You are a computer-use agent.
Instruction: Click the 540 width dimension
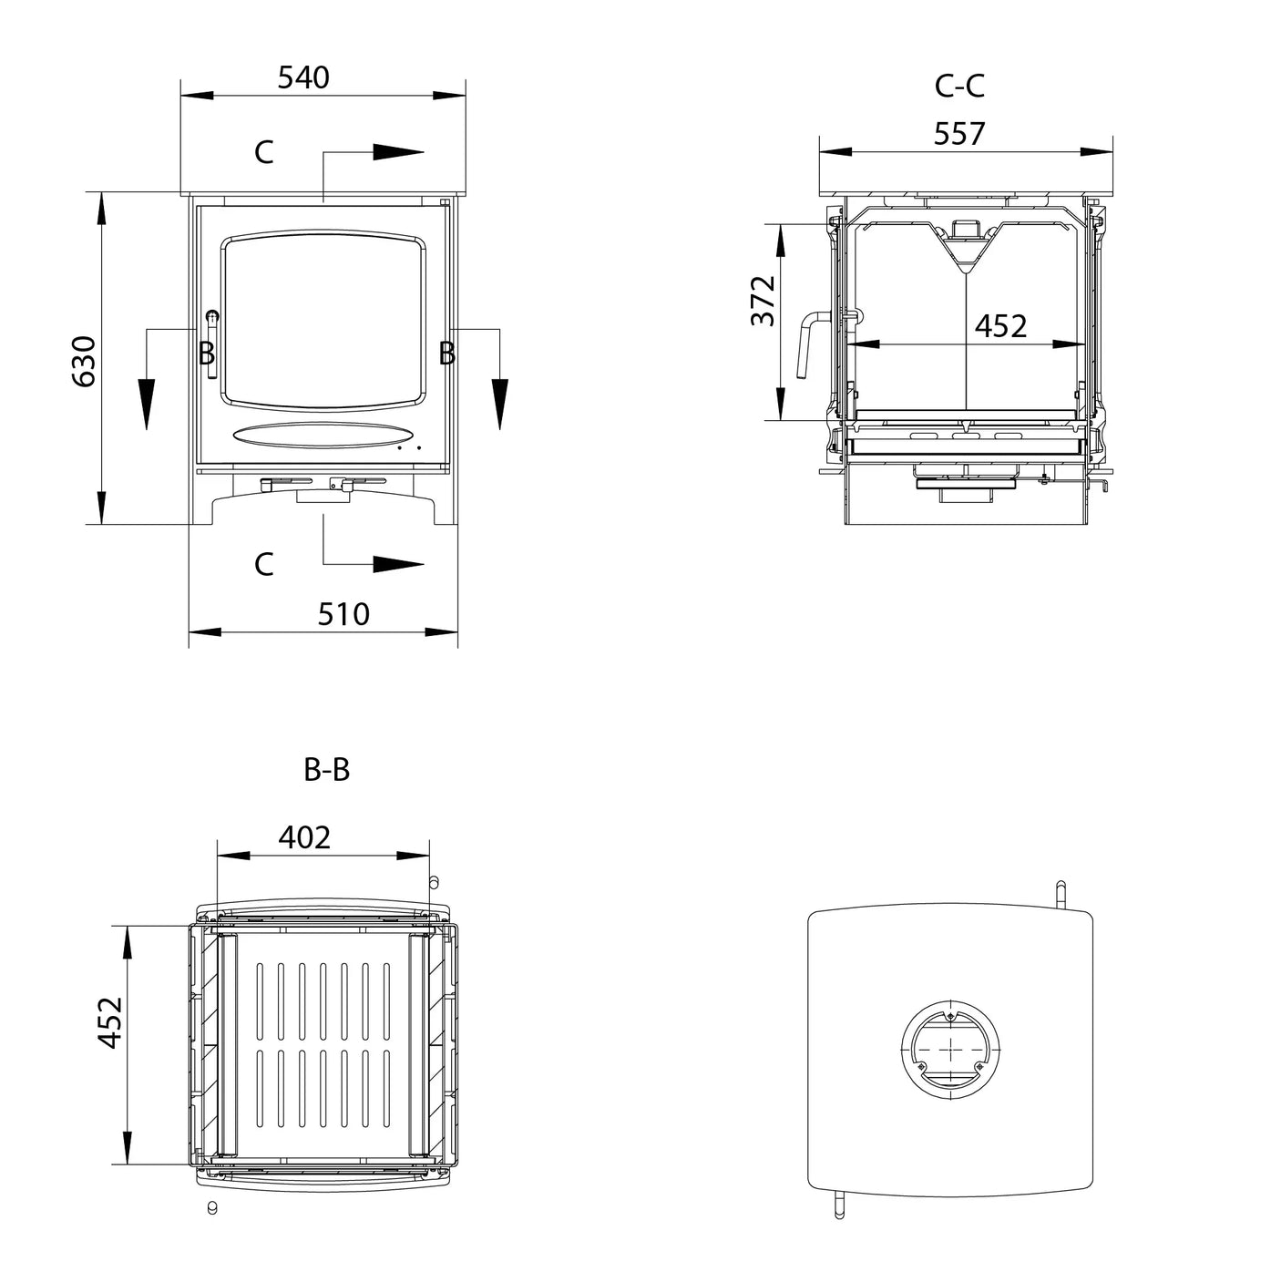click(303, 78)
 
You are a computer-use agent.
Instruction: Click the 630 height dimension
click(84, 361)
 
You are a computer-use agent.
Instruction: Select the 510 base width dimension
click(343, 614)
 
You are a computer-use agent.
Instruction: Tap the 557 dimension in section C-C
click(959, 134)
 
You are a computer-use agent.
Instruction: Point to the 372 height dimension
click(763, 301)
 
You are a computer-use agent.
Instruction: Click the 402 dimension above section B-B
click(304, 836)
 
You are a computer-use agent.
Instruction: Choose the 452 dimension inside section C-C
click(1000, 326)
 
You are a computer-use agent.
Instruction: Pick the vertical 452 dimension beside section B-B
click(110, 1022)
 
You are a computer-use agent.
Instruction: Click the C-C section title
click(959, 86)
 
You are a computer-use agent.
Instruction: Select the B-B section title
click(326, 771)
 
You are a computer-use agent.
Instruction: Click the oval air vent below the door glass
click(322, 436)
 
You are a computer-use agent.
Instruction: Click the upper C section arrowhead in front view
click(397, 152)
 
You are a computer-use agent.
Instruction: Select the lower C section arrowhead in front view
click(397, 565)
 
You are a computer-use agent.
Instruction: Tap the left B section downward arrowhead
click(147, 404)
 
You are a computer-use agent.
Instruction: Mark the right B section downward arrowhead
click(498, 404)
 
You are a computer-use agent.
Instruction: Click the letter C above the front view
click(263, 152)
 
